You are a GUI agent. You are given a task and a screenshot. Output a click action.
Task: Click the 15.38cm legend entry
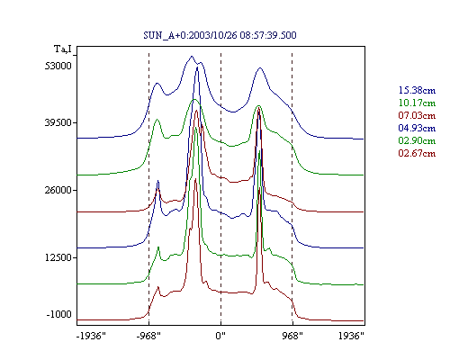tap(417, 90)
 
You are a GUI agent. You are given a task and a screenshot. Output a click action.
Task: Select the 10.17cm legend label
tap(417, 103)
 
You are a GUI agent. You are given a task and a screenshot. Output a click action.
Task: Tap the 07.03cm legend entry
tap(417, 115)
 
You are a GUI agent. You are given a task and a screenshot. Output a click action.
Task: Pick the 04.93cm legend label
tap(417, 128)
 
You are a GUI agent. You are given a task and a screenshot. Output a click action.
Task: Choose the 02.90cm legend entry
tap(417, 140)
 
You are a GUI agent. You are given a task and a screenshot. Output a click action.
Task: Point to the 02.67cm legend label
tap(417, 153)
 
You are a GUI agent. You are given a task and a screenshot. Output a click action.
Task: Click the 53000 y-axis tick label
tap(58, 66)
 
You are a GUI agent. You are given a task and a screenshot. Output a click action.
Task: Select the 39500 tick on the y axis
tap(58, 122)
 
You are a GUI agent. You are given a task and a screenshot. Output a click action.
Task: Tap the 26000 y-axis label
tap(58, 190)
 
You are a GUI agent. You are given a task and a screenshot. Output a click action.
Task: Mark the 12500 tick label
tap(58, 257)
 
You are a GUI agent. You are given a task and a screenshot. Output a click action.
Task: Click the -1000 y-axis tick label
tap(59, 314)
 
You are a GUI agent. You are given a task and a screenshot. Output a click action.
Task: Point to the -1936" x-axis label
tap(91, 336)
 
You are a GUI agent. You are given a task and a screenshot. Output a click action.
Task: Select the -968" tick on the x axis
tap(148, 336)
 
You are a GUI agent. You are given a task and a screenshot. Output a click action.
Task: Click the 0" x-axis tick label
tap(220, 336)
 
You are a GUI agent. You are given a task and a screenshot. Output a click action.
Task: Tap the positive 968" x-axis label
tap(292, 336)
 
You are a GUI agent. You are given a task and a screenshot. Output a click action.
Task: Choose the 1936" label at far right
tap(351, 336)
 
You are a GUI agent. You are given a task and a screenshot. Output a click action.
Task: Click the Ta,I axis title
tap(63, 49)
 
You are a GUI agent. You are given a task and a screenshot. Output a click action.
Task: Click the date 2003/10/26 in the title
tap(213, 35)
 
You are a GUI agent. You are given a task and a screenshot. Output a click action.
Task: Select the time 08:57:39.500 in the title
tap(268, 35)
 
